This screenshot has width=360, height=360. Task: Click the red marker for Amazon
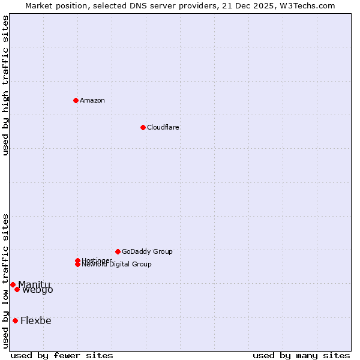coord(76,100)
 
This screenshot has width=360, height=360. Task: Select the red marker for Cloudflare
coord(143,127)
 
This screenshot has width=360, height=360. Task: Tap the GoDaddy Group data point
coord(118,251)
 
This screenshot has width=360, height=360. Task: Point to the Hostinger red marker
coord(77,260)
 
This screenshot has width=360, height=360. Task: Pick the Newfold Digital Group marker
coord(77,265)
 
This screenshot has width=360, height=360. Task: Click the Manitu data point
coord(13,284)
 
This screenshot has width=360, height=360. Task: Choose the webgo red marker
coord(17,290)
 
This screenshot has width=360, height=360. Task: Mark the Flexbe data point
coord(15,320)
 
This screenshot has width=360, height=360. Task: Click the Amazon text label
coord(92,100)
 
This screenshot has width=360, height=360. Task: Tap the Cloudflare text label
coord(163,127)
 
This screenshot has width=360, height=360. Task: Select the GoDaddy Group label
coord(147,251)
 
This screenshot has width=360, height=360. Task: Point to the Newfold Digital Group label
coord(117,265)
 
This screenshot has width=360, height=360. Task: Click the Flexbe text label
coord(36,320)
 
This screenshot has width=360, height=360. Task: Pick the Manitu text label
coord(34,284)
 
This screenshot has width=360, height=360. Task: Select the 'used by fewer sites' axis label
coord(62,355)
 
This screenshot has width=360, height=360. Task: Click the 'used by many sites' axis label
coord(301,355)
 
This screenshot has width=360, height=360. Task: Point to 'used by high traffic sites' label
coord(5,85)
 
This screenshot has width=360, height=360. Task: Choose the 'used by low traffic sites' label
coord(5,281)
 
